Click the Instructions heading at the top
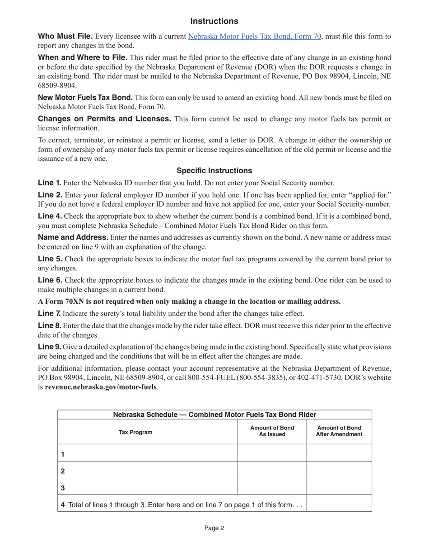click(x=214, y=21)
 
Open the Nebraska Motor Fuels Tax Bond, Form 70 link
click(x=255, y=37)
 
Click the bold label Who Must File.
click(x=65, y=37)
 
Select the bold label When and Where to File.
click(x=83, y=57)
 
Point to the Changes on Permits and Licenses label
click(x=104, y=119)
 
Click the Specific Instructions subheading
click(x=214, y=170)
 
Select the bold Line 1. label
click(x=50, y=183)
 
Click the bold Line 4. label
click(x=50, y=216)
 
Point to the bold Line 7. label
click(x=50, y=313)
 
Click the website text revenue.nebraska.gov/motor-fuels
click(x=101, y=387)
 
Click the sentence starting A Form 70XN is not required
click(x=189, y=302)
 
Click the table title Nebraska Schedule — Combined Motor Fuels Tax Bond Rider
click(x=214, y=415)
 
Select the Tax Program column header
click(x=135, y=432)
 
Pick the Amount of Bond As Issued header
click(x=272, y=431)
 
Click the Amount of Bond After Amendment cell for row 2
click(x=339, y=471)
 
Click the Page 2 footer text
click(x=214, y=528)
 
